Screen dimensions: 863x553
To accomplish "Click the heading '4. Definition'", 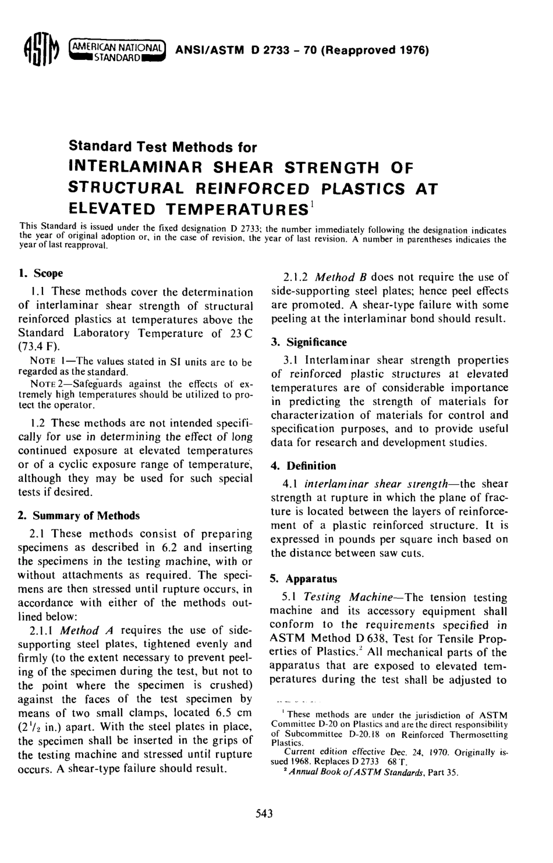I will [304, 466].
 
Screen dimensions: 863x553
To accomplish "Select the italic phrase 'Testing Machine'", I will [348, 598].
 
